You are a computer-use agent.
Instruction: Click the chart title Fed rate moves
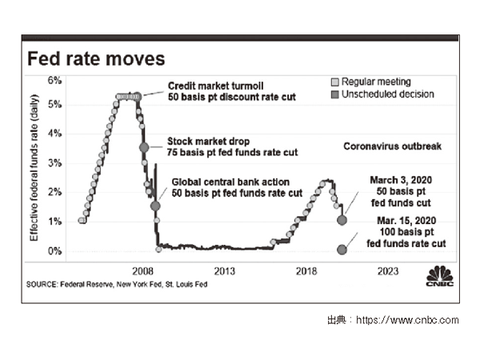click(96, 59)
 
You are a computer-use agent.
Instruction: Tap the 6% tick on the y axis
click(55, 80)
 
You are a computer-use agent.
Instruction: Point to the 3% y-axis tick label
click(55, 162)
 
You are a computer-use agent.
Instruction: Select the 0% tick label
click(55, 250)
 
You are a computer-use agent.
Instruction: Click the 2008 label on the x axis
click(143, 270)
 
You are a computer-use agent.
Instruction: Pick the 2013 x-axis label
click(224, 270)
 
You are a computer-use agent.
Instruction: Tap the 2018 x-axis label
click(306, 270)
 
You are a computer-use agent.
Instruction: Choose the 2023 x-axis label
click(388, 270)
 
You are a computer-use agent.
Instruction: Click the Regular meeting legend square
click(335, 82)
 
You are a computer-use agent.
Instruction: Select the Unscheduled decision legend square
click(335, 94)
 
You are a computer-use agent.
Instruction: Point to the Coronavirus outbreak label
click(392, 146)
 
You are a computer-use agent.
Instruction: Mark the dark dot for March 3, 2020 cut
click(343, 219)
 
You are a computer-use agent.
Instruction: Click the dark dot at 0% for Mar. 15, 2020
click(342, 250)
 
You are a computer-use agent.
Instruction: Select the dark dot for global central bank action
click(155, 206)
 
